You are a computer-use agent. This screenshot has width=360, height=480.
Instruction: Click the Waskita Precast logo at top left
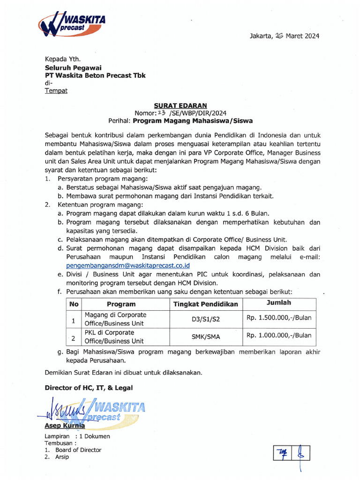pos(72,24)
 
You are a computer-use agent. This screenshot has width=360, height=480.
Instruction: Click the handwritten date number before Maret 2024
pos(280,36)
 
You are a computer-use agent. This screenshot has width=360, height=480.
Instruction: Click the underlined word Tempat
pos(56,90)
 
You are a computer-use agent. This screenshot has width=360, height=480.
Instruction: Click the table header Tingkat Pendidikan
pos(205,304)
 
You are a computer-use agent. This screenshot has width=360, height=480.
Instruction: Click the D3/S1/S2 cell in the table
pos(205,319)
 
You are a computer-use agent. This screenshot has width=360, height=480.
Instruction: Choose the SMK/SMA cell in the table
pos(205,337)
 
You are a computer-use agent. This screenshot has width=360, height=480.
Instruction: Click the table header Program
pos(121,304)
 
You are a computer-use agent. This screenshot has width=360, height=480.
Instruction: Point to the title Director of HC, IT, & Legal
pos(89,388)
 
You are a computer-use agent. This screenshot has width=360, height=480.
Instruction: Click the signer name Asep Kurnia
pos(65,426)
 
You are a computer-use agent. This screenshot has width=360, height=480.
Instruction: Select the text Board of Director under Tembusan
pos(78,450)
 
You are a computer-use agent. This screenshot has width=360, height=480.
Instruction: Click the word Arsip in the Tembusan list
pos(62,457)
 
